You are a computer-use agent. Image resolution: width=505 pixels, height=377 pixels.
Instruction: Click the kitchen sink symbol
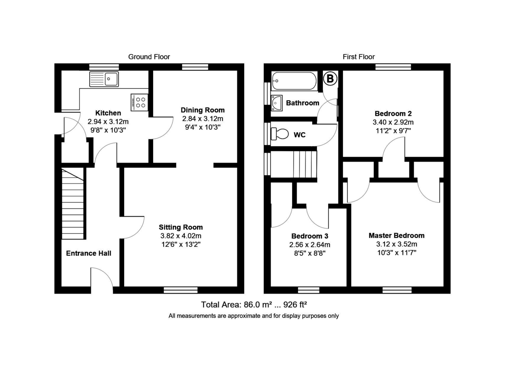pos(104,78)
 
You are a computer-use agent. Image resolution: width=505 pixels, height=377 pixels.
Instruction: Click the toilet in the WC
pos(280,134)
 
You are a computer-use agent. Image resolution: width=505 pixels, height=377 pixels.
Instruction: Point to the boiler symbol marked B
pos(330,78)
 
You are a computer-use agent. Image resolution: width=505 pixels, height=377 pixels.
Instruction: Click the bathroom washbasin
pos(278,102)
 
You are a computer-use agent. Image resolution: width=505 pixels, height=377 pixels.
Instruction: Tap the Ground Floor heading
pos(149,57)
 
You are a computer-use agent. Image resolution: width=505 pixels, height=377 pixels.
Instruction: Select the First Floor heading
pos(359,57)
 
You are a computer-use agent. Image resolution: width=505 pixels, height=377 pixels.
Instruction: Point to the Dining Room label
pos(203,110)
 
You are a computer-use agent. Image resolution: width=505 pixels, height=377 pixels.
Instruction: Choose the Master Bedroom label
pos(396,235)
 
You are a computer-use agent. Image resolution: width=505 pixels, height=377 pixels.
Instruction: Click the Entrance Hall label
pos(89,253)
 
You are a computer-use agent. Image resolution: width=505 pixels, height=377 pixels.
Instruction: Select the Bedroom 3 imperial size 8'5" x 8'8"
pos(309,253)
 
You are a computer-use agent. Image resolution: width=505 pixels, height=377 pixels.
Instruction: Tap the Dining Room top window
pos(195,67)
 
